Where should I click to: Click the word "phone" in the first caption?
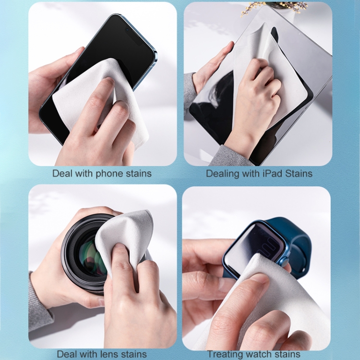pyautogui.click(x=109, y=174)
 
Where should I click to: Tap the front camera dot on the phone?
pyautogui.click(x=127, y=30)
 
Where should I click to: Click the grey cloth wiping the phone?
pyautogui.click(x=99, y=96)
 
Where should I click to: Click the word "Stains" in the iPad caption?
pyautogui.click(x=299, y=173)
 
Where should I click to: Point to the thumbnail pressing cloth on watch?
pyautogui.click(x=259, y=279)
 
